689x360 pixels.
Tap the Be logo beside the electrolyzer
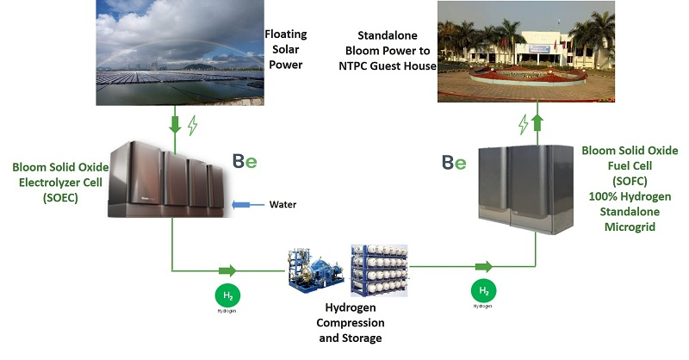(x=245, y=160)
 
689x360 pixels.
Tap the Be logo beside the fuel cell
(x=454, y=161)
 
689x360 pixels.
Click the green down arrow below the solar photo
(x=175, y=125)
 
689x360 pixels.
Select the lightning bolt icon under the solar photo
(x=192, y=126)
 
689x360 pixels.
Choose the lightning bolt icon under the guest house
(x=522, y=126)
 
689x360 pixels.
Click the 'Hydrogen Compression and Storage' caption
(x=348, y=323)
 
